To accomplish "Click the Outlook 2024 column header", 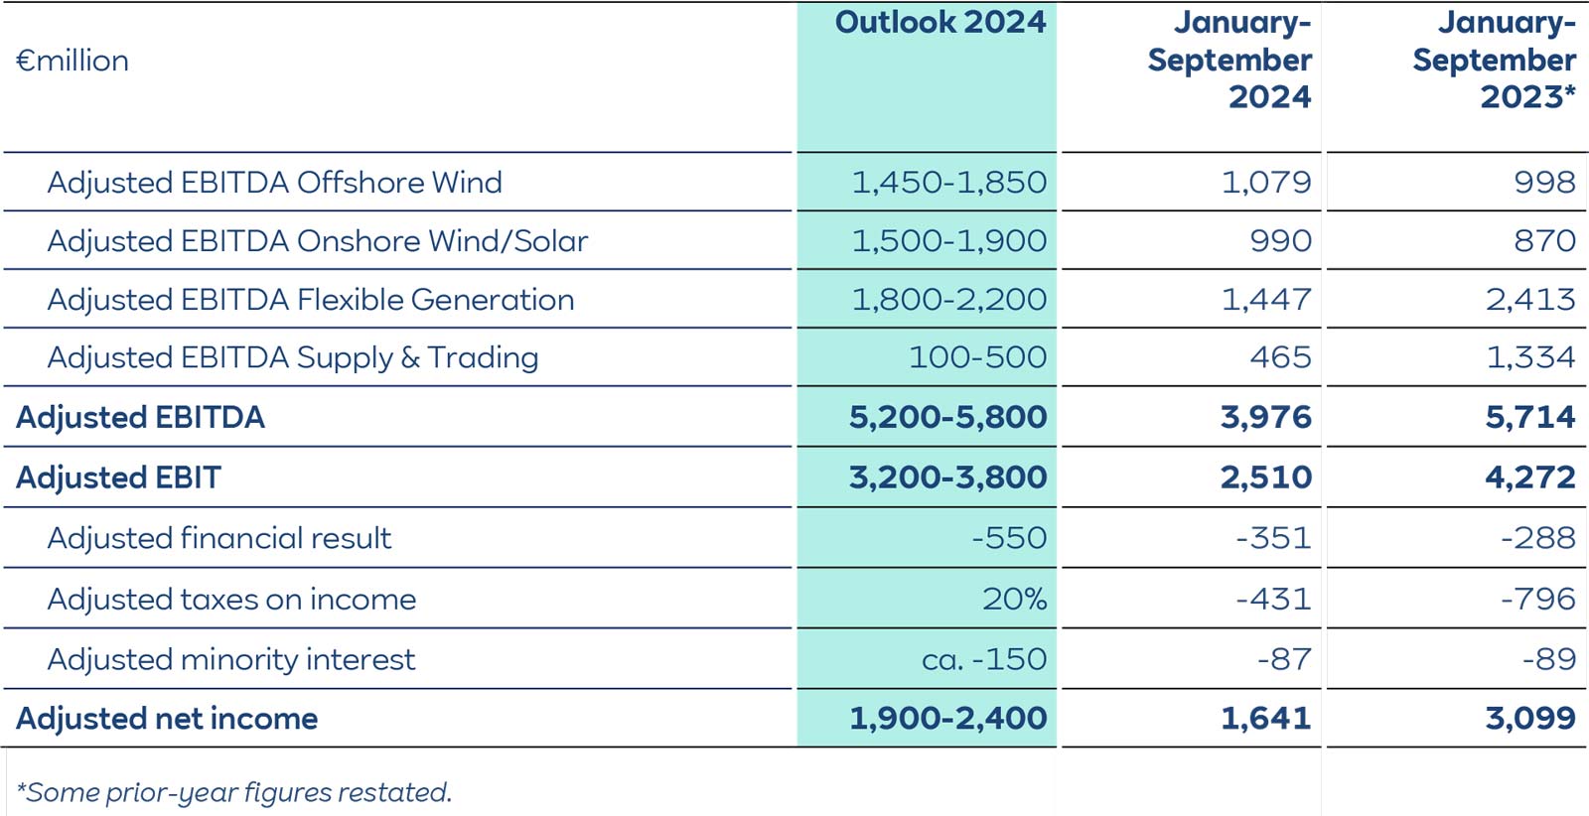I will pos(939,23).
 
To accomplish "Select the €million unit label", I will pos(72,61).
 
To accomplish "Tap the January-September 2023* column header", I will pos(1494,60).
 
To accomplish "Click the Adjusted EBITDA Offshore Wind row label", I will pos(274,183).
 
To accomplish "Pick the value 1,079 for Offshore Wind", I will pos(1266,183).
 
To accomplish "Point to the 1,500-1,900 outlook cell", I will pos(948,241).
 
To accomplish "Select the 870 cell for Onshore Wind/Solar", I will pos(1544,241).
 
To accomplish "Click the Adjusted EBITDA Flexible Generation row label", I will pos(310,300).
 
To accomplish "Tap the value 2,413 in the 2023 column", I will pos(1530,300).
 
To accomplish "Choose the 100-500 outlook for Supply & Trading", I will pos(977,357).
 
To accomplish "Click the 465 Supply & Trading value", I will pos(1280,357).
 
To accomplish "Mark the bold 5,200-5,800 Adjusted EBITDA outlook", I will pos(947,417).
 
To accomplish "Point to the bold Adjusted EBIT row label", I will pos(118,477).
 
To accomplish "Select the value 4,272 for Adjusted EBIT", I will pos(1530,477).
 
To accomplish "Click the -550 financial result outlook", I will pos(1009,538).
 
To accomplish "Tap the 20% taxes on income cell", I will pos(1014,600).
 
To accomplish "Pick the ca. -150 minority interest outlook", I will pos(983,659).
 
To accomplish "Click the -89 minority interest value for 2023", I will pos(1549,659).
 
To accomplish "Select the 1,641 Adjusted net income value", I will pos(1266,719).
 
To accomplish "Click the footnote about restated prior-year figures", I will pos(234,792).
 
